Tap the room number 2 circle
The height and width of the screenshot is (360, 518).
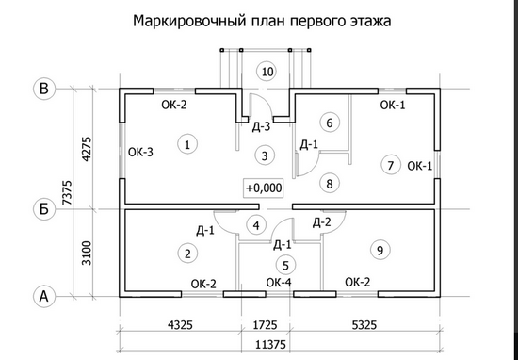188,252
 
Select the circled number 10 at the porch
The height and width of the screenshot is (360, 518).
267,72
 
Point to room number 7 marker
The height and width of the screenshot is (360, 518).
390,165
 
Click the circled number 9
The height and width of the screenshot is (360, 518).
379,250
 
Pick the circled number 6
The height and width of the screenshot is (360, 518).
328,123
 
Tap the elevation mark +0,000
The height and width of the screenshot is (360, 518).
264,188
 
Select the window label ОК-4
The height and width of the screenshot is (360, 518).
279,282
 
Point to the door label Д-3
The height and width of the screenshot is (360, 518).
263,126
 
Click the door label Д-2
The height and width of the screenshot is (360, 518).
321,222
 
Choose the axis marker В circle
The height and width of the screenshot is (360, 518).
42,90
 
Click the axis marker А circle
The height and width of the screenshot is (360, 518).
42,296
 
